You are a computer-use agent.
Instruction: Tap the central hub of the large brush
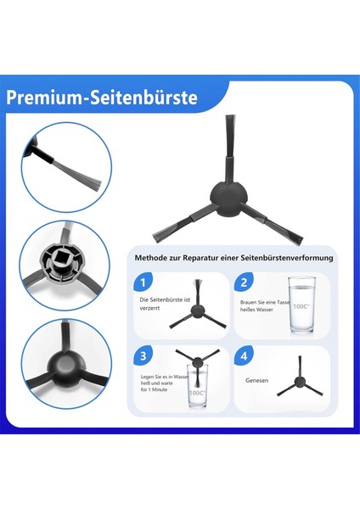click(224, 199)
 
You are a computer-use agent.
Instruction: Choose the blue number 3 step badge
click(146, 357)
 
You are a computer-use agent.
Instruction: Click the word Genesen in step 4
click(257, 381)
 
